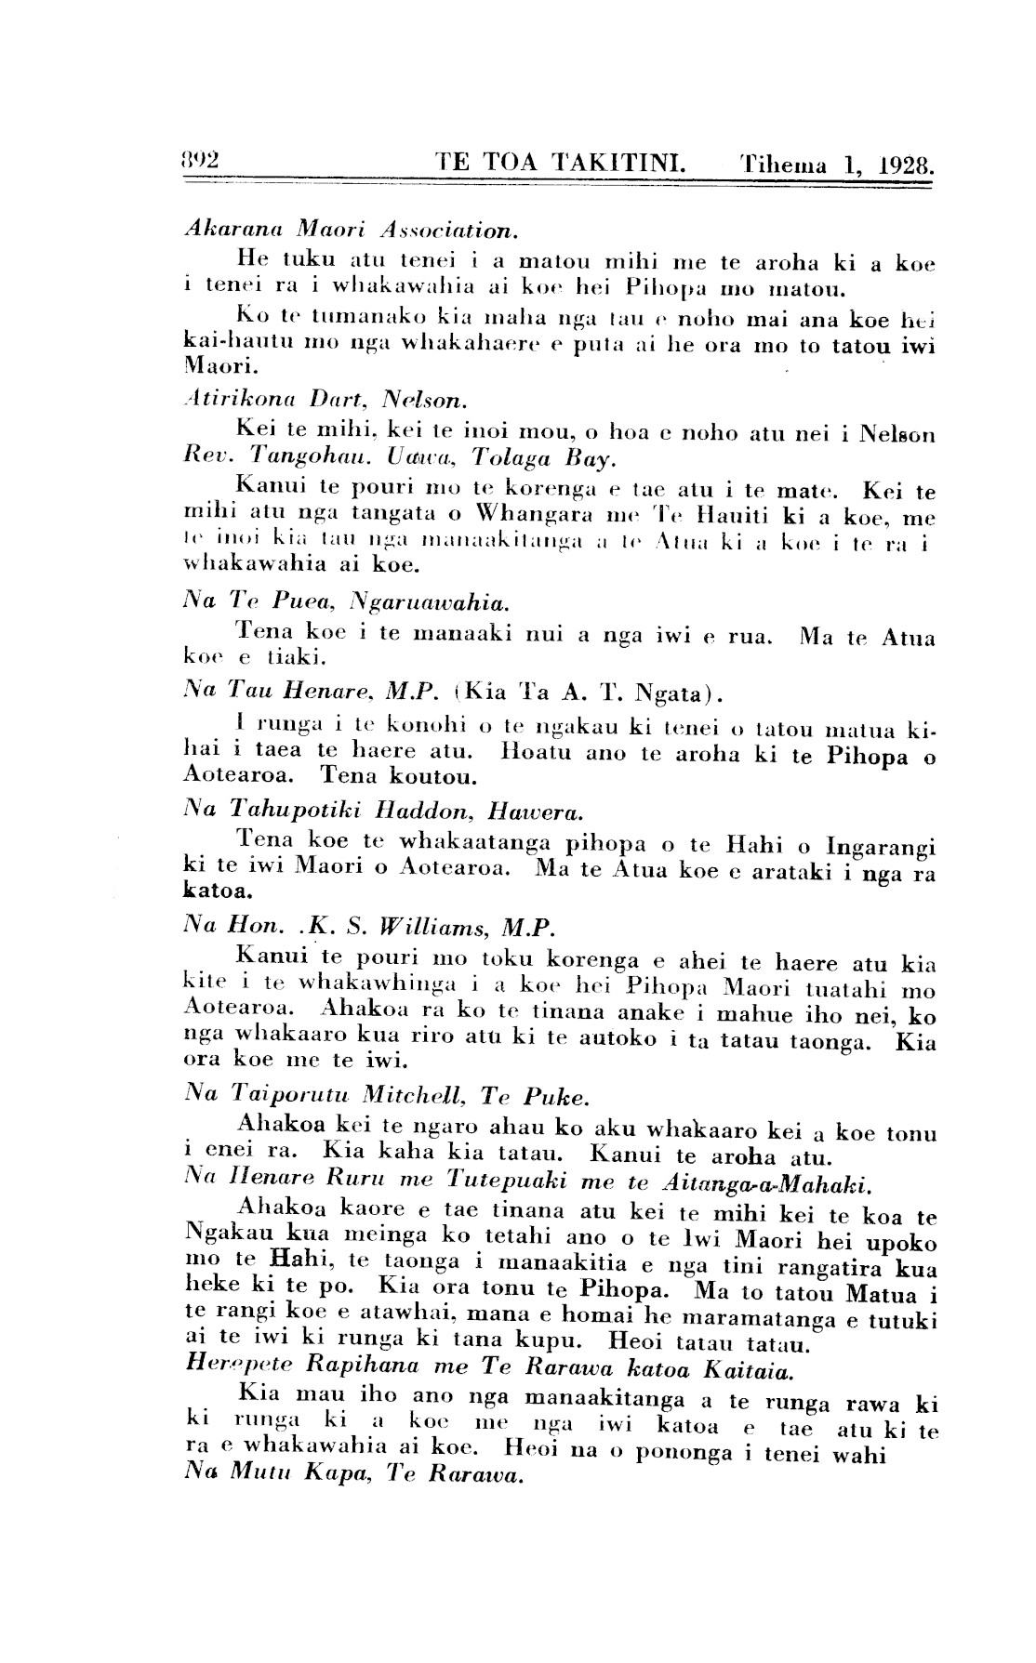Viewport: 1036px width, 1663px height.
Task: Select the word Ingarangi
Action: tap(880, 847)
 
